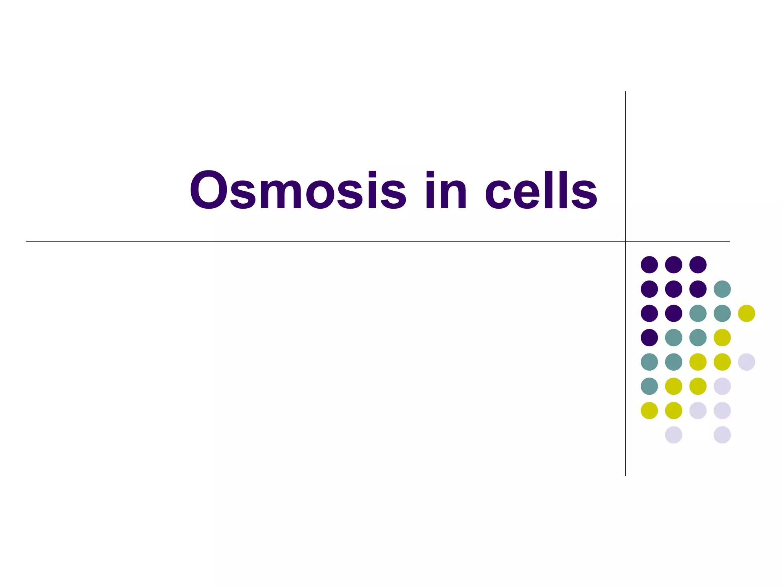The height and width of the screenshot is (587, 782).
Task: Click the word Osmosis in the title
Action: [298, 190]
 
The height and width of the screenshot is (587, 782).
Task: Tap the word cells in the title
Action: [541, 190]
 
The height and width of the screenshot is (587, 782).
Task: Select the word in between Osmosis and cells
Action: [446, 190]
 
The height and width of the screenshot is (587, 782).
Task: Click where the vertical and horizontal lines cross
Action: [625, 242]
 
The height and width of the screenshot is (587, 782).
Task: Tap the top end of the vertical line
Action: [625, 92]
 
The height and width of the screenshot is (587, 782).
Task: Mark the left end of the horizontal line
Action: [27, 242]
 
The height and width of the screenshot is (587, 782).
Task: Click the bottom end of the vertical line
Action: [625, 475]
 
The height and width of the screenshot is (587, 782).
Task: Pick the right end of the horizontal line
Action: [729, 242]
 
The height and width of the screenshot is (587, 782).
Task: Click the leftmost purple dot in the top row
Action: [649, 264]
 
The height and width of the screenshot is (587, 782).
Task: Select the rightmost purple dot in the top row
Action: [698, 264]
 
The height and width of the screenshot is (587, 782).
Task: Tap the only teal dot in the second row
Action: [722, 289]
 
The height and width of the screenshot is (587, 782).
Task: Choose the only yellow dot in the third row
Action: [746, 313]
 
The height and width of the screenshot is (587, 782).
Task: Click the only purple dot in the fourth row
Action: [649, 337]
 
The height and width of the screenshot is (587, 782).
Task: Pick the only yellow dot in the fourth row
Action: [722, 337]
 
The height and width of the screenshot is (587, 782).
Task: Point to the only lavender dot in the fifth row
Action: [746, 362]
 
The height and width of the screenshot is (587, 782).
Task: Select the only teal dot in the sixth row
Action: [649, 386]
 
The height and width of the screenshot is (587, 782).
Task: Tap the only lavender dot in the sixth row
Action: [722, 386]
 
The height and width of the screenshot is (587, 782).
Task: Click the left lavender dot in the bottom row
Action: [674, 435]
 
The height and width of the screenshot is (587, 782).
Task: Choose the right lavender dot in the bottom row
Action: [722, 435]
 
